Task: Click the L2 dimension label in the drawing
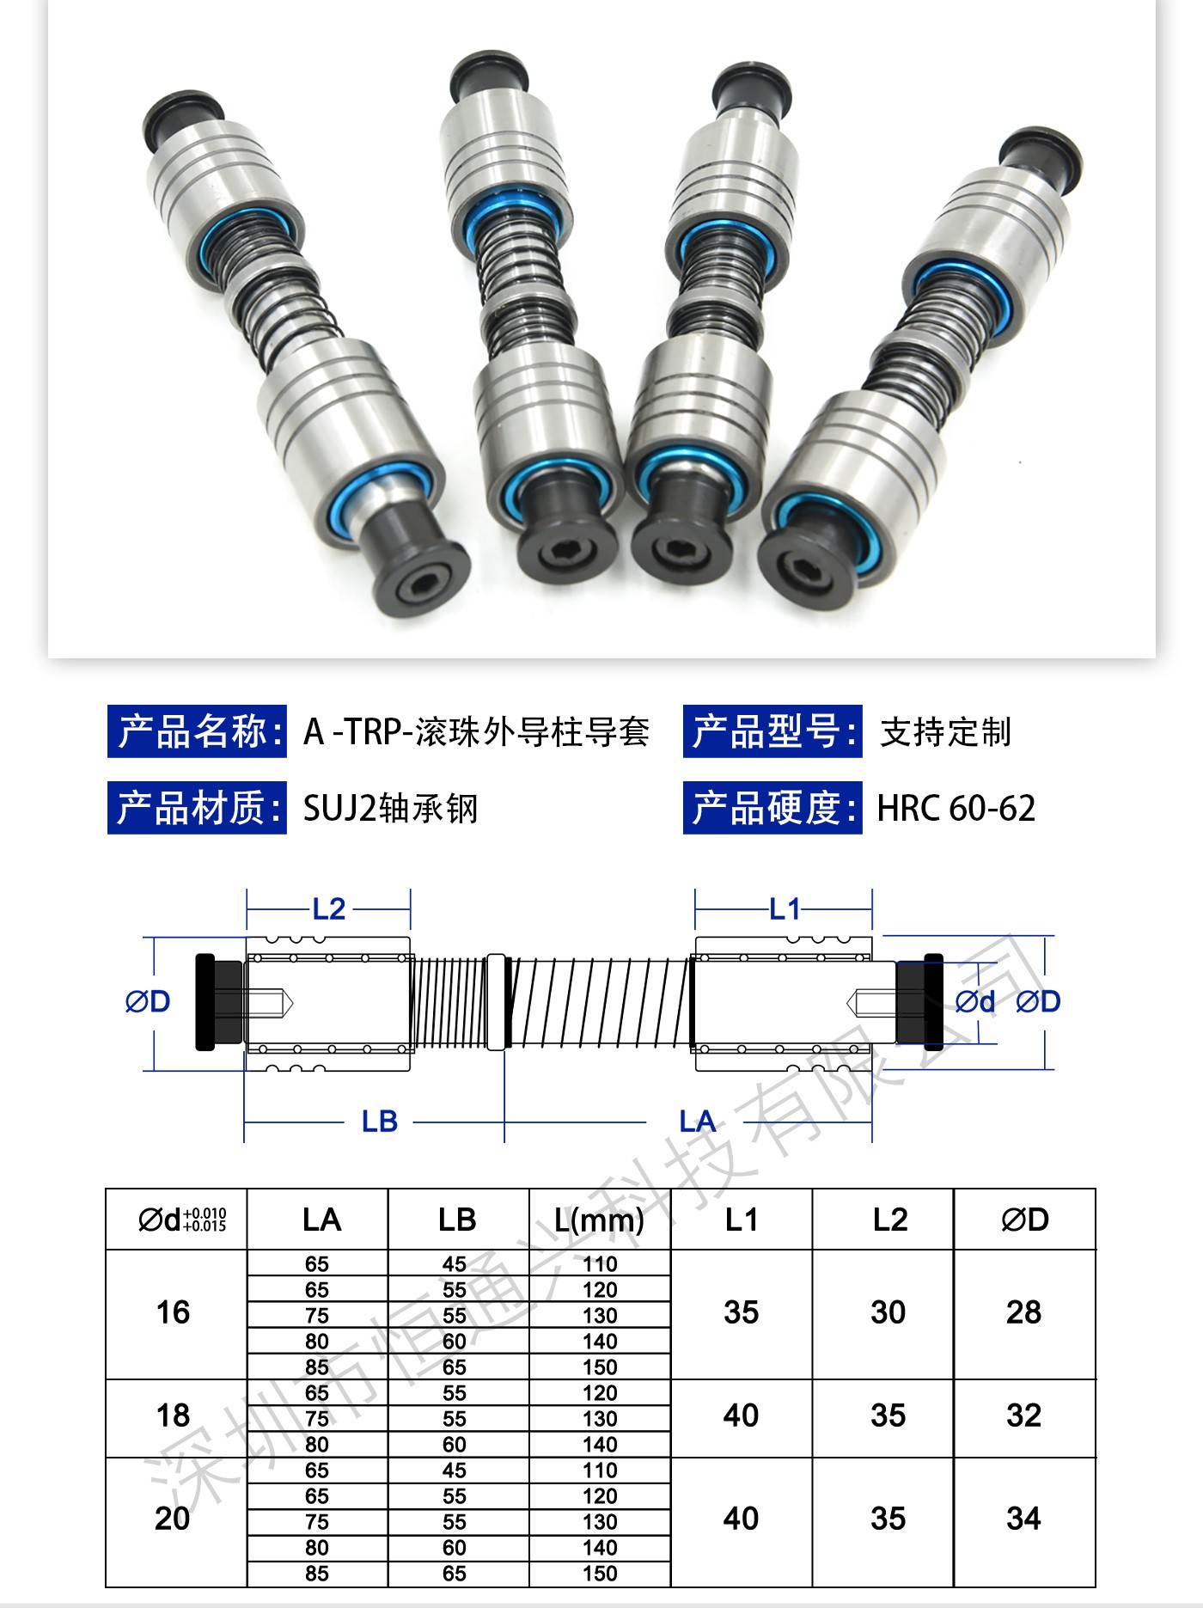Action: pyautogui.click(x=328, y=908)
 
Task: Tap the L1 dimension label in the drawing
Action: pyautogui.click(x=785, y=908)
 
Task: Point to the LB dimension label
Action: pyautogui.click(x=379, y=1122)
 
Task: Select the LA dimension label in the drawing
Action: pyautogui.click(x=697, y=1122)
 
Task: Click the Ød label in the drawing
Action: pyautogui.click(x=975, y=1001)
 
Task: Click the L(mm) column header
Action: pyautogui.click(x=599, y=1220)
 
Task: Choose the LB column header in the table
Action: pyautogui.click(x=457, y=1220)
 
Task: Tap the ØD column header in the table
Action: pyautogui.click(x=1025, y=1220)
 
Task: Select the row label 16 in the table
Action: pyautogui.click(x=173, y=1312)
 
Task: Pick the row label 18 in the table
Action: pyautogui.click(x=173, y=1415)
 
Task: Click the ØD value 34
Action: pyautogui.click(x=1023, y=1519)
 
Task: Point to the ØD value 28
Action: pyautogui.click(x=1023, y=1312)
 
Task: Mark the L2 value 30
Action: pyautogui.click(x=888, y=1312)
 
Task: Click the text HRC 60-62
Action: pyautogui.click(x=956, y=808)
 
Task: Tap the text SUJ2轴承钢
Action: pyautogui.click(x=390, y=808)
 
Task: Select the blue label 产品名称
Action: pyautogui.click(x=197, y=731)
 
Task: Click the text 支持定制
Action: pyautogui.click(x=945, y=732)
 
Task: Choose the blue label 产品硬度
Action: pyautogui.click(x=772, y=808)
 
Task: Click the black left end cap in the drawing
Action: pyautogui.click(x=205, y=1002)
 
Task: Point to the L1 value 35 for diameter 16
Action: pyautogui.click(x=741, y=1312)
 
